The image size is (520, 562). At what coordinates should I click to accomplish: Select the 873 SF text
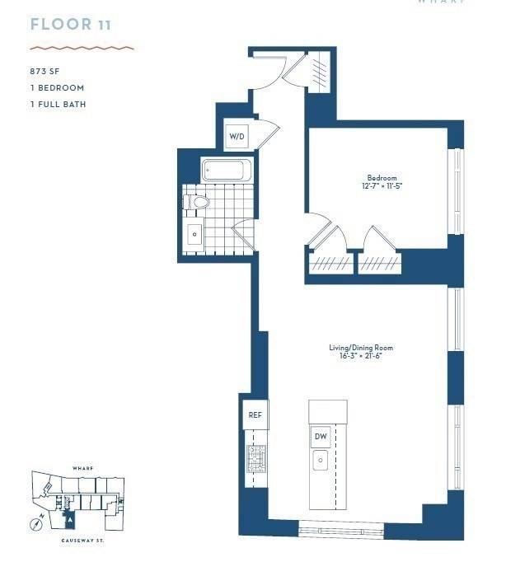click(x=45, y=72)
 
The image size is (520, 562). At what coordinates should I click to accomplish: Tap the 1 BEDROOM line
click(x=57, y=88)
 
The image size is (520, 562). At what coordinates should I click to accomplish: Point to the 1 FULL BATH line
click(x=58, y=105)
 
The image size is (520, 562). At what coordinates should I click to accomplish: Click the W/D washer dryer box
click(x=236, y=137)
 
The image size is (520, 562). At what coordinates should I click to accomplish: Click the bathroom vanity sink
click(x=194, y=234)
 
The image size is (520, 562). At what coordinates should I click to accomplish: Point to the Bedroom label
click(x=382, y=178)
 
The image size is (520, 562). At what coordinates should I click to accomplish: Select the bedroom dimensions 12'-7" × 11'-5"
click(x=382, y=187)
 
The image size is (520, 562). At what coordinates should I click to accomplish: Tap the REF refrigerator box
click(x=255, y=416)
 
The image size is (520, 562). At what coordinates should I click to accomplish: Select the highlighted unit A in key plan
click(x=70, y=520)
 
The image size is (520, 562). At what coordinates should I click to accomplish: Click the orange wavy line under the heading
click(x=82, y=48)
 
